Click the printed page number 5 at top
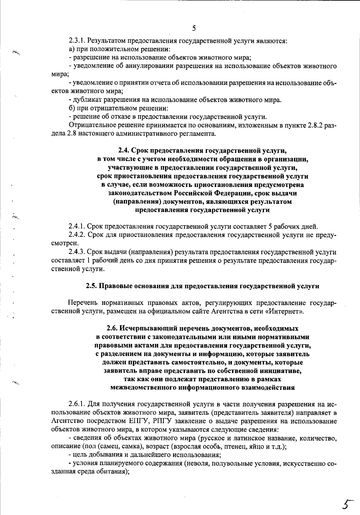194,28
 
